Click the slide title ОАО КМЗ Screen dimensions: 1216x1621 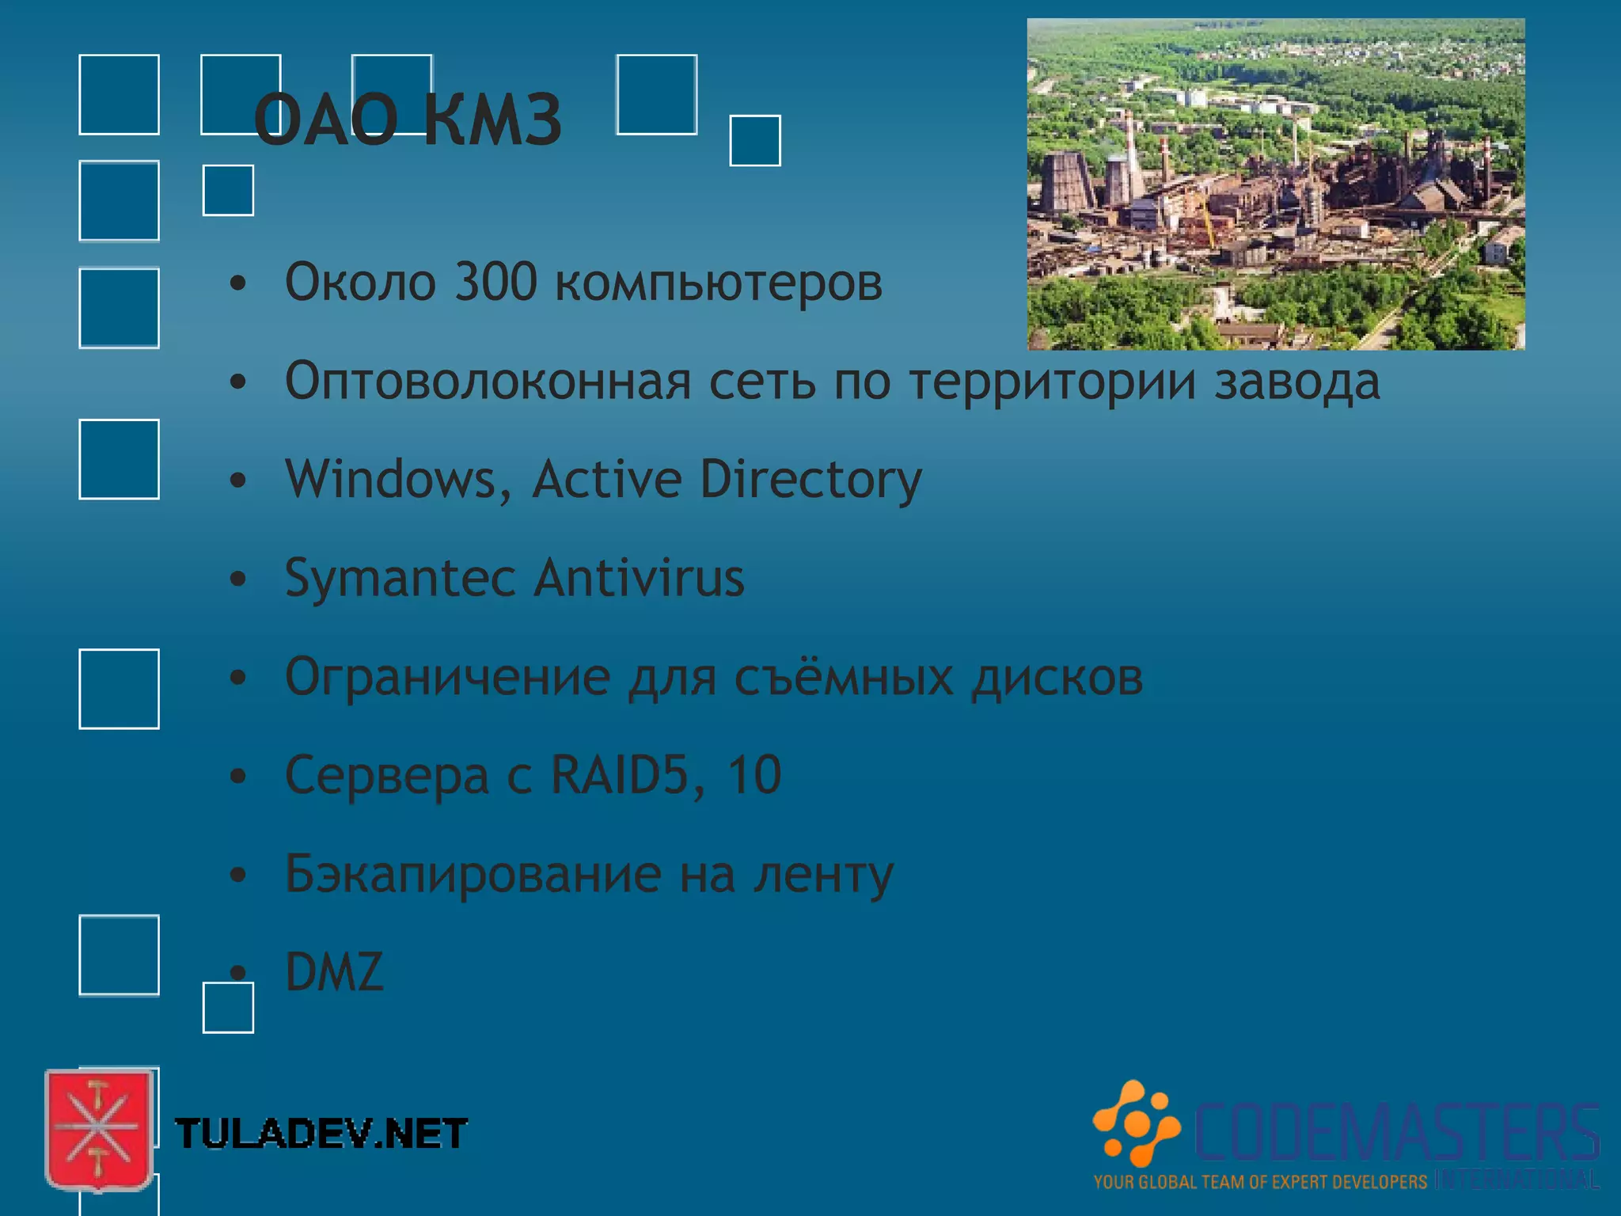coord(408,120)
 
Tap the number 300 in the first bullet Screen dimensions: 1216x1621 coord(496,282)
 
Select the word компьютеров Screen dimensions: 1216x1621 coord(719,283)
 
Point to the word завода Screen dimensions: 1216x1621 coord(1297,382)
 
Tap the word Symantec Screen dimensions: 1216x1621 coord(401,579)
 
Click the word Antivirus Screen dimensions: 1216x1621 coord(640,577)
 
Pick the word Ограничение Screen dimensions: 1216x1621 coord(448,678)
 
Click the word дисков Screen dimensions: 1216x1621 coord(1057,678)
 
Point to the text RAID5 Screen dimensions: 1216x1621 coord(620,775)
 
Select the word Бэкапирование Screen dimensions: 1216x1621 coord(473,875)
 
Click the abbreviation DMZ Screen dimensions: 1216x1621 coord(334,972)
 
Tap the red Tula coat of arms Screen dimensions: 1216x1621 coord(98,1129)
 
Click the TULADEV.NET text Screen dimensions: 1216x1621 coord(321,1134)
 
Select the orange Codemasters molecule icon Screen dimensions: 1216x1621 coord(1137,1123)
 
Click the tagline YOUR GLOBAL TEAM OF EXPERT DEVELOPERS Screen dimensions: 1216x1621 coord(1260,1183)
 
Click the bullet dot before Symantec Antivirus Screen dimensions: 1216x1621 coord(238,579)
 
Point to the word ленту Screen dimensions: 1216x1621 coord(823,875)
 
